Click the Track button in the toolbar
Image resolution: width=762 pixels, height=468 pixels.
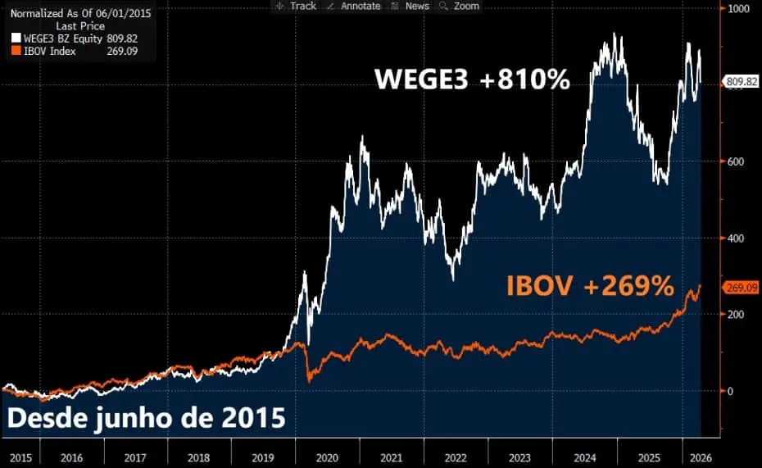(297, 6)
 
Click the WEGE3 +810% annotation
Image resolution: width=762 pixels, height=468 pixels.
(472, 80)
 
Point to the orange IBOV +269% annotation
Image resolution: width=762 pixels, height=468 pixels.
(590, 286)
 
